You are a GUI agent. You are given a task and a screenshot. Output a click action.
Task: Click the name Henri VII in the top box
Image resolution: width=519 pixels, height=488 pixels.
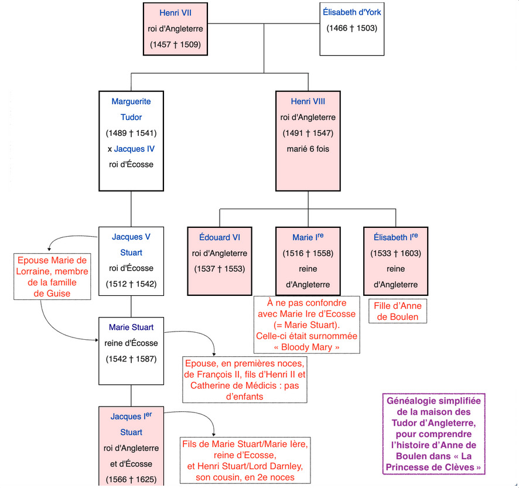175,13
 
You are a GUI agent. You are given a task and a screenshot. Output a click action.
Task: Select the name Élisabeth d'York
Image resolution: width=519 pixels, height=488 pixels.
352,12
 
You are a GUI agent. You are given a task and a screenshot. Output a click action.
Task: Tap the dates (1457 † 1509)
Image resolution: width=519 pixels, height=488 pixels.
175,45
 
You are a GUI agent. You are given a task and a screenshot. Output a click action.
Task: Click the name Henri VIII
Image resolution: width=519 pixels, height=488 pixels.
308,101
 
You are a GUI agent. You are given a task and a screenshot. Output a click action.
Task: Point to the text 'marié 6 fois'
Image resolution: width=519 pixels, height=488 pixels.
308,149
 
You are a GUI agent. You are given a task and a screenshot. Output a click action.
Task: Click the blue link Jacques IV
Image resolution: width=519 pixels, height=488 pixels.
134,149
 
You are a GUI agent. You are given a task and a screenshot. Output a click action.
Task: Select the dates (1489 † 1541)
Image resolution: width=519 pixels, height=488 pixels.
131,133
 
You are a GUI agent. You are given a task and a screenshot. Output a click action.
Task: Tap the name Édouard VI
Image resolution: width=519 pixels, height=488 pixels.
220,237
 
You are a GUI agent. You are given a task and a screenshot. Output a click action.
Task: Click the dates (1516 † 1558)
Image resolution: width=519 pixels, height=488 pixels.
308,253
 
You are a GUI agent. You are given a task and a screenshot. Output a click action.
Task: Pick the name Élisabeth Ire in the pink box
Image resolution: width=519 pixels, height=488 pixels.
395,237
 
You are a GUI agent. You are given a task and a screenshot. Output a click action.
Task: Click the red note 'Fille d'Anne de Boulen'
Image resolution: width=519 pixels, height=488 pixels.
398,311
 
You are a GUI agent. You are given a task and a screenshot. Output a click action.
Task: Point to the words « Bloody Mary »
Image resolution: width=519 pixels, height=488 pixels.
306,347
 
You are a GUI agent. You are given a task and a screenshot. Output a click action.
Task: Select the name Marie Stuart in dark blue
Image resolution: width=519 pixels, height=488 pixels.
131,327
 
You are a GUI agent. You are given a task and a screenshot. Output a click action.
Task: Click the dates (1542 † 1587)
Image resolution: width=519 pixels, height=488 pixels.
131,359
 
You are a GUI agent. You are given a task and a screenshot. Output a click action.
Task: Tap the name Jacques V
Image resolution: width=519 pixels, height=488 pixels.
131,237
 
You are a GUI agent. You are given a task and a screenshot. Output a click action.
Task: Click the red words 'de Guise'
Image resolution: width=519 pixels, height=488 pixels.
52,294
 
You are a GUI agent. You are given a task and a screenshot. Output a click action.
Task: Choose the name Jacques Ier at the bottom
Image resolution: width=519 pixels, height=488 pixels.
131,416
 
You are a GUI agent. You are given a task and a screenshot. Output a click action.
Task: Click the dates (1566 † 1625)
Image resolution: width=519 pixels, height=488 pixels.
131,479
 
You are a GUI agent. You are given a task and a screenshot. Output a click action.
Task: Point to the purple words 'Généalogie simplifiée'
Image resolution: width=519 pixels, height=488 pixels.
433,401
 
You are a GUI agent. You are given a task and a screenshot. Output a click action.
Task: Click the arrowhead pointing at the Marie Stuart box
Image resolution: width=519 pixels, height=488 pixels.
97,340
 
